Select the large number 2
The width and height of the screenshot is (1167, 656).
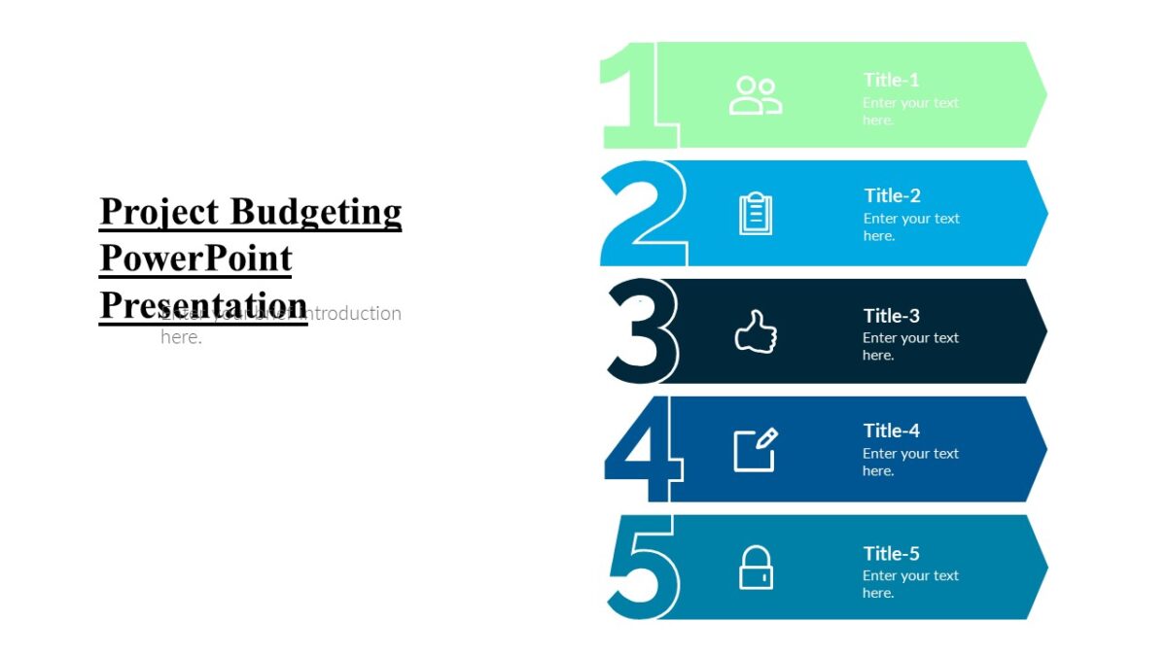pos(642,214)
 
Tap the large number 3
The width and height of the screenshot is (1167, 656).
pos(642,331)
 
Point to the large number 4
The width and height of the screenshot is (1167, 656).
pos(642,450)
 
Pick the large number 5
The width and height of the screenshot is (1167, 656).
pos(642,568)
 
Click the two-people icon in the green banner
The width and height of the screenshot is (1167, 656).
pos(756,96)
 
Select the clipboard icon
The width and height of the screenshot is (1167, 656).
pos(756,214)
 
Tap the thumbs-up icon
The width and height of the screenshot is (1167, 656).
pos(756,332)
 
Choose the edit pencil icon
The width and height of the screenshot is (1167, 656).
pos(756,449)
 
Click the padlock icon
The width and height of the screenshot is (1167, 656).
pos(756,568)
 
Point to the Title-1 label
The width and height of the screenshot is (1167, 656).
pos(891,80)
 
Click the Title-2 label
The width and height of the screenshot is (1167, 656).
pos(892,195)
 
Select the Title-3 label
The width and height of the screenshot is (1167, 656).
pos(891,316)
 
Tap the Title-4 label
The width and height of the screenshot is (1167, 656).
pos(891,431)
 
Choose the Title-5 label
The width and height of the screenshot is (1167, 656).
pos(891,554)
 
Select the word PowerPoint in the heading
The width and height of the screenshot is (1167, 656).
pos(195,259)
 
